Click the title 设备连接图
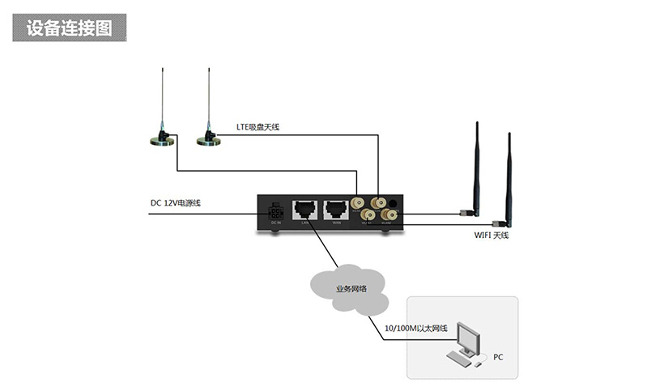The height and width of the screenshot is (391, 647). click(x=69, y=28)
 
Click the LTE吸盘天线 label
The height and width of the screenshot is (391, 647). click(x=258, y=127)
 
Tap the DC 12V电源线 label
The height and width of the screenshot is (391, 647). click(x=176, y=202)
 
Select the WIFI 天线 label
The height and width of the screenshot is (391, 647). click(x=492, y=235)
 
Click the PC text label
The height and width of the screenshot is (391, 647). click(x=498, y=355)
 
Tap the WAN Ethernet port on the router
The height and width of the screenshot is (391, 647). click(x=334, y=209)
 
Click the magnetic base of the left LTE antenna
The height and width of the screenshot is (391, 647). click(x=162, y=142)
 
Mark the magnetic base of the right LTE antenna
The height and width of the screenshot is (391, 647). click(x=209, y=142)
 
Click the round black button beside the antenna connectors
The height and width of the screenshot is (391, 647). click(x=394, y=202)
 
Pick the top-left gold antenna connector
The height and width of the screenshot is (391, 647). click(x=358, y=202)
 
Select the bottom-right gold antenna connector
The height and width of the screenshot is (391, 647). click(x=388, y=215)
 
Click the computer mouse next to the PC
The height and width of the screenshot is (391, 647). click(x=483, y=356)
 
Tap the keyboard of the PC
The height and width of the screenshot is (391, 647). click(x=458, y=357)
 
